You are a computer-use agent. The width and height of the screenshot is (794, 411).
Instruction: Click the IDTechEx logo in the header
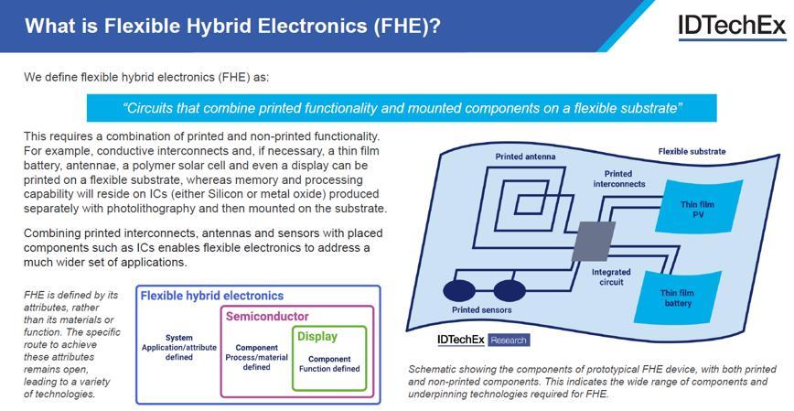click(x=731, y=26)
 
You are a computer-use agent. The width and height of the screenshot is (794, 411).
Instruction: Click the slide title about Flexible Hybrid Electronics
click(x=232, y=26)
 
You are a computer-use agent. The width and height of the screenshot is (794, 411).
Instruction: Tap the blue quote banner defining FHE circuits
click(x=402, y=108)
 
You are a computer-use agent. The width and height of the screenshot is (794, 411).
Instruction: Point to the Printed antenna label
click(x=525, y=157)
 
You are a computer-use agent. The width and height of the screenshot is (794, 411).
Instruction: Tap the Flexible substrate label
click(x=692, y=151)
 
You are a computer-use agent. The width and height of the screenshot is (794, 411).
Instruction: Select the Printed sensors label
click(x=481, y=310)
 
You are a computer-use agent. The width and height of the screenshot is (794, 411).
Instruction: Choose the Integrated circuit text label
click(x=610, y=277)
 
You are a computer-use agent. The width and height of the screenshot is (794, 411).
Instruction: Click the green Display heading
click(x=317, y=337)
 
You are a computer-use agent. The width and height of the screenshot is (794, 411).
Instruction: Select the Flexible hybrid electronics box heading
click(x=210, y=296)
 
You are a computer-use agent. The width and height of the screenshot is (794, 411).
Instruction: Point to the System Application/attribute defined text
click(x=179, y=348)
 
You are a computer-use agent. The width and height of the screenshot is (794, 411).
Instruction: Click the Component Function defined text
click(x=329, y=364)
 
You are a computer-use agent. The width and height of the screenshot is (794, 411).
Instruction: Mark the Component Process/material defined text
click(x=256, y=358)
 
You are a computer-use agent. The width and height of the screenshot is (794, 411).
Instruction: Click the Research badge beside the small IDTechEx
click(x=508, y=340)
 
